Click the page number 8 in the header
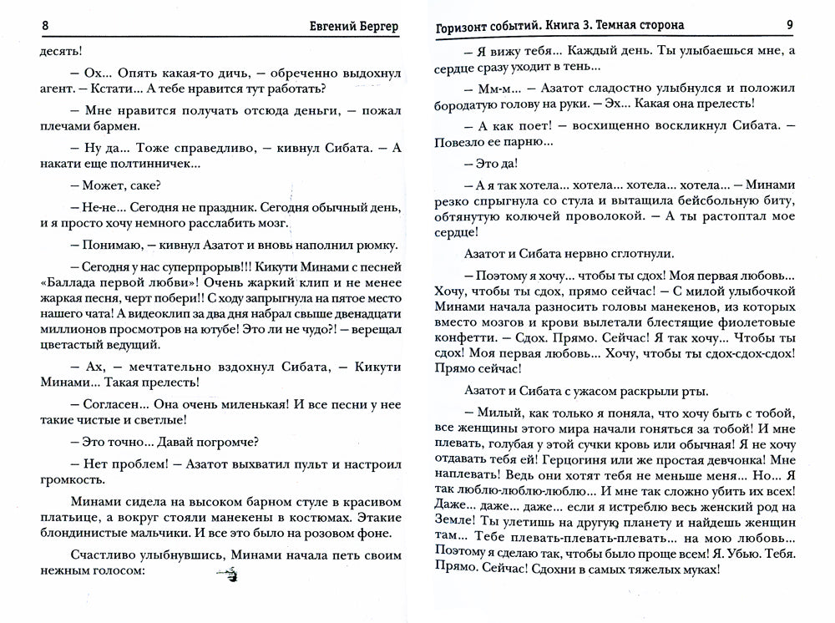pos(45,25)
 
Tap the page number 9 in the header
pos(789,25)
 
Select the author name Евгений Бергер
pos(352,25)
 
